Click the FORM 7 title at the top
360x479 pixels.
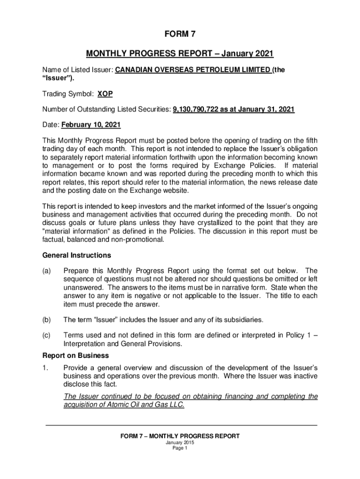(180, 34)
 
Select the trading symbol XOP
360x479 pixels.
(105, 94)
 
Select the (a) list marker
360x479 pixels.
(47, 271)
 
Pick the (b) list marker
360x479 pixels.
(47, 320)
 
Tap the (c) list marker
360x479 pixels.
(47, 335)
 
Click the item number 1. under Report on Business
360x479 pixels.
(45, 367)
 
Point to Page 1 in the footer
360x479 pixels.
(180, 448)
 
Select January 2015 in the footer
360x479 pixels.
(180, 442)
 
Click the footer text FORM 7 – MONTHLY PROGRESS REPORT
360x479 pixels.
(180, 436)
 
